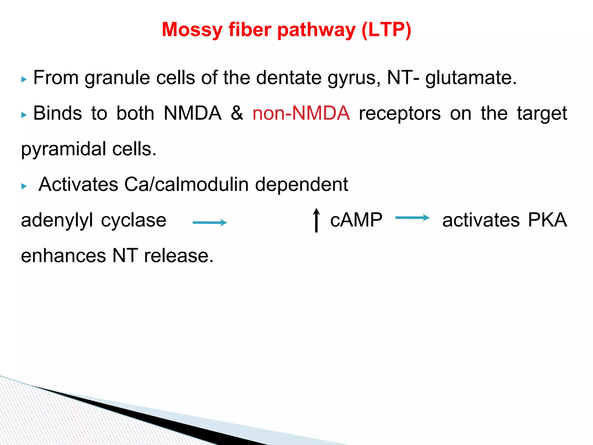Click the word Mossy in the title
tap(192, 30)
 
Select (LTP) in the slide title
tap(386, 30)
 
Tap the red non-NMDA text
tap(301, 113)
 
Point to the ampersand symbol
tap(237, 113)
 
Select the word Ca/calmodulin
tap(186, 184)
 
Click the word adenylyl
tap(57, 220)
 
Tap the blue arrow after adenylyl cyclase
tap(210, 222)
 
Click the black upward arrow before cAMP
tap(316, 220)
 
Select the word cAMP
tap(356, 220)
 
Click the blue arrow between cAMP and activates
tap(412, 218)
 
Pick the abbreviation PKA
tap(547, 220)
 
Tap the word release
tap(179, 256)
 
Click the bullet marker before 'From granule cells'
tap(24, 79)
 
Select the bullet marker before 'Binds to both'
tap(24, 115)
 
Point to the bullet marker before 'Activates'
tap(24, 186)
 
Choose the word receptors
tap(400, 113)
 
